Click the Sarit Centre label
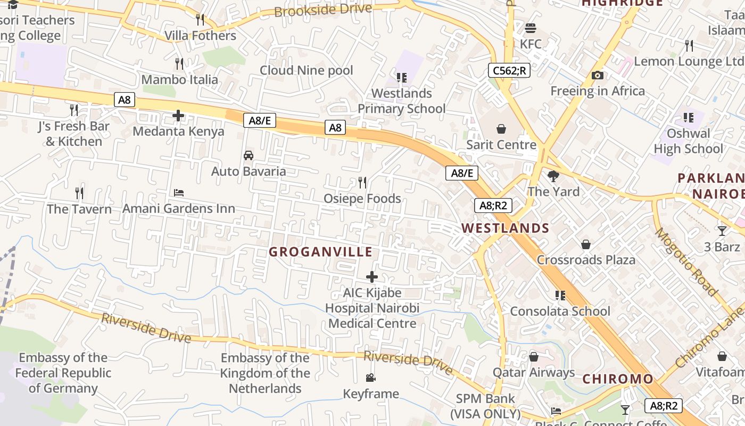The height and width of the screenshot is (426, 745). click(501, 145)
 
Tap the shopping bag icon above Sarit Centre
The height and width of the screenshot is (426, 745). click(501, 129)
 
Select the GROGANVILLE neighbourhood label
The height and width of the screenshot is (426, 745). click(320, 252)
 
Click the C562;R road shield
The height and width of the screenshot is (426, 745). click(509, 70)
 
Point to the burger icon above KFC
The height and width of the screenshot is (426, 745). click(530, 28)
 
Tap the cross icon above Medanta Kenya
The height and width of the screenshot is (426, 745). click(178, 116)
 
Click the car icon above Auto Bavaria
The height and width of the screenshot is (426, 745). click(248, 155)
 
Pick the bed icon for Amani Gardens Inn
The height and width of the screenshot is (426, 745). click(179, 193)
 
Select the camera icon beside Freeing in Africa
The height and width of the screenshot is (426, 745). click(597, 76)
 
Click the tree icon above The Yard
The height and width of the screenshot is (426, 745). click(553, 176)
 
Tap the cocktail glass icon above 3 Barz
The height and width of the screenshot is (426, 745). click(722, 231)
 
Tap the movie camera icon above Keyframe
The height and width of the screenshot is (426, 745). click(370, 378)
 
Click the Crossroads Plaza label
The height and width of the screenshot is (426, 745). click(586, 260)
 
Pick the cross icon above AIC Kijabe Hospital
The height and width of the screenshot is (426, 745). click(372, 277)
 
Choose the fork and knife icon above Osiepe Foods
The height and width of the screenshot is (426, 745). click(362, 183)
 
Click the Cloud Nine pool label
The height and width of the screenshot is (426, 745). click(306, 70)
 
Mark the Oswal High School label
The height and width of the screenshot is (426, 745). click(688, 141)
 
